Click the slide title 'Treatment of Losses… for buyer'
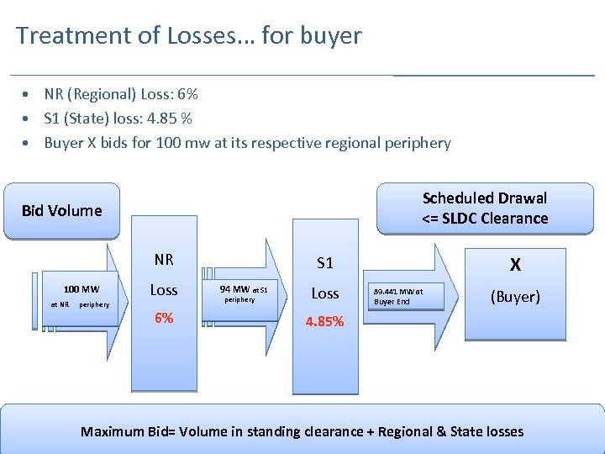pyautogui.click(x=188, y=36)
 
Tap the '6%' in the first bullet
pyautogui.click(x=187, y=94)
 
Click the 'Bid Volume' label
pyautogui.click(x=61, y=210)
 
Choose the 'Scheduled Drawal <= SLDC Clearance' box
pyautogui.click(x=484, y=209)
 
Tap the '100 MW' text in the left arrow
pyautogui.click(x=82, y=289)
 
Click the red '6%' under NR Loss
pyautogui.click(x=163, y=319)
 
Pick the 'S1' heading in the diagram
pyautogui.click(x=325, y=263)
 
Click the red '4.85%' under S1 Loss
pyautogui.click(x=325, y=321)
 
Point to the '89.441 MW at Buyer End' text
pyautogui.click(x=398, y=296)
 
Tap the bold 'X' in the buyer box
pyautogui.click(x=515, y=265)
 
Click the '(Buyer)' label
pyautogui.click(x=515, y=297)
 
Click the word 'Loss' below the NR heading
pyautogui.click(x=163, y=290)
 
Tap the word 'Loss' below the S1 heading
pyautogui.click(x=325, y=293)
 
